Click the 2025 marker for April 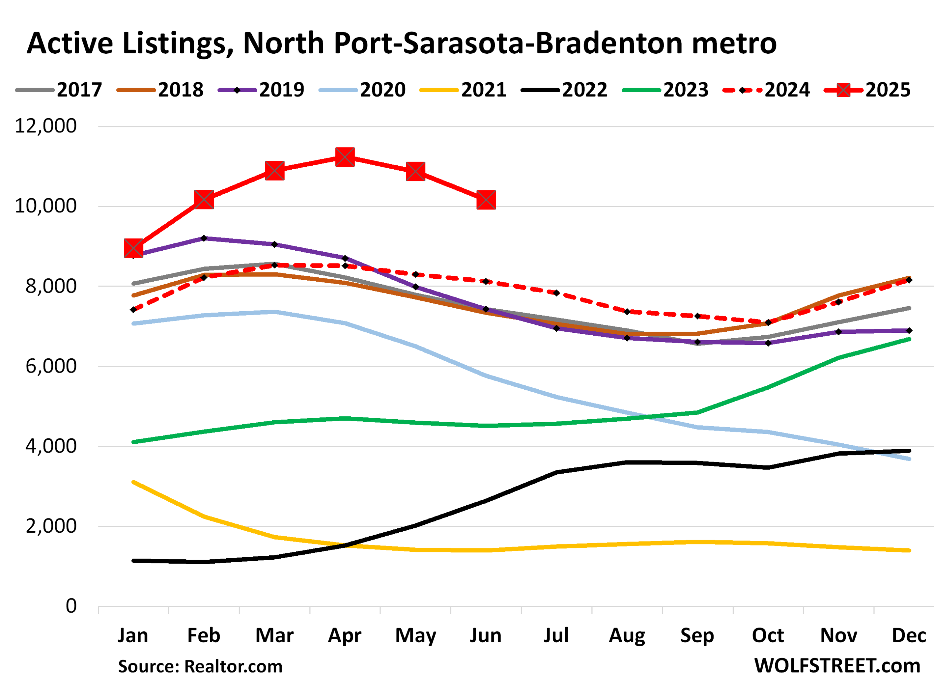345,157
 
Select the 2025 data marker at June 486,200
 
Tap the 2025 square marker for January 134,248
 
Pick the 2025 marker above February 204,199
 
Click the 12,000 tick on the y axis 46,126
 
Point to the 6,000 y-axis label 51,366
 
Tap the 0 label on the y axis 71,606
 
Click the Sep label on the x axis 697,636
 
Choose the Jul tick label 556,636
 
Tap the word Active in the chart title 70,43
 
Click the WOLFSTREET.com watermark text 837,666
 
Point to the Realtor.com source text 233,667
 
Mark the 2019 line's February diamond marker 204,239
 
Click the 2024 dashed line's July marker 556,293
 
